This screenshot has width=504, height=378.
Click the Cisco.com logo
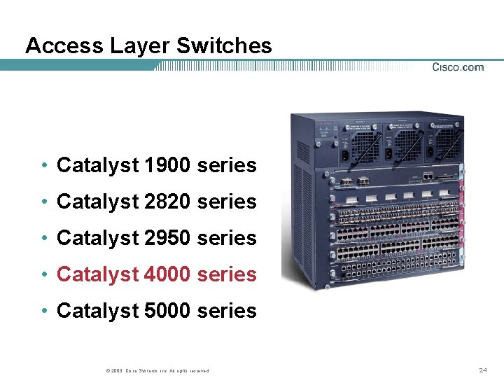458,67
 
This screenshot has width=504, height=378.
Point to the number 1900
167,166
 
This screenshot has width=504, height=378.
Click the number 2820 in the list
167,202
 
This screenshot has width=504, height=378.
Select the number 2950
167,239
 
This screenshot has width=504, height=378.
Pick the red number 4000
167,275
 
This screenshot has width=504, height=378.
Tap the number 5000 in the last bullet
167,311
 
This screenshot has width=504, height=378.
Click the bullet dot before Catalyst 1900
44,167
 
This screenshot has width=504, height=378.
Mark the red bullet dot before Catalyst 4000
44,275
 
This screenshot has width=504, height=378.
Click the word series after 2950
227,239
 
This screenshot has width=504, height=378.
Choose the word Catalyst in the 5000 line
98,311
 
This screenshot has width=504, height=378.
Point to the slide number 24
482,370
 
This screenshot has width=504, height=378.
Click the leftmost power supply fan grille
363,146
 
